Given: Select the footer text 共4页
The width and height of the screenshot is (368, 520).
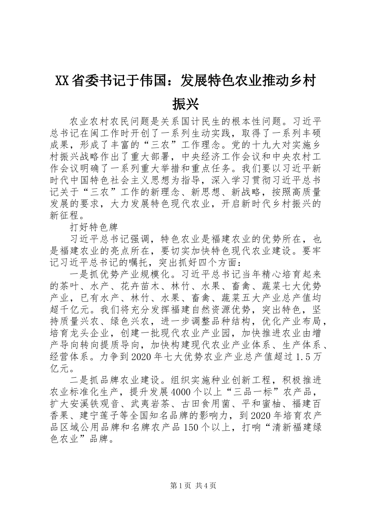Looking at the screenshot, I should pyautogui.click(x=206, y=485).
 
